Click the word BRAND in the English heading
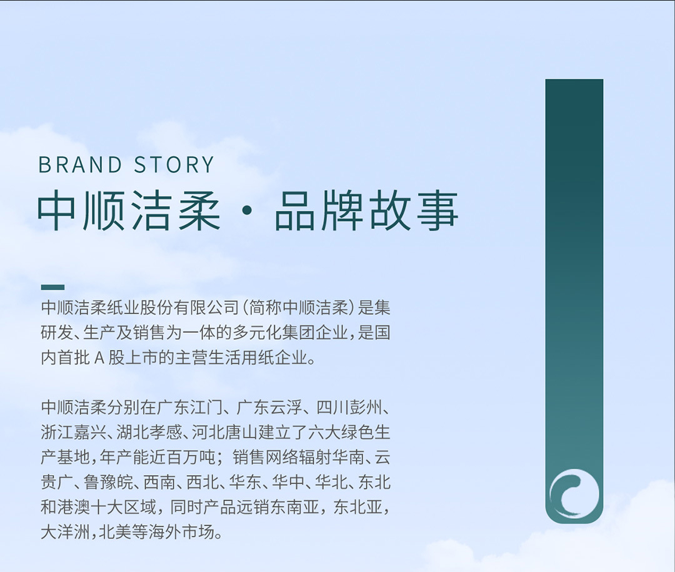81,165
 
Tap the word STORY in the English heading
174,165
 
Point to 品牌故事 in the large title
366,211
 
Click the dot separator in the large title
247,211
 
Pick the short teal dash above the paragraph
52,287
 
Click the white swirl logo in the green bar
574,494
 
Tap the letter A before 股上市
99,358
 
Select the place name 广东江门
189,407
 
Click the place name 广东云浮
269,407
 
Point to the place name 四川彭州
349,407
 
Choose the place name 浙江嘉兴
73,432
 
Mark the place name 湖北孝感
149,432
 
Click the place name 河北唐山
225,432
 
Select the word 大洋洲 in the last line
65,533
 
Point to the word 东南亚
295,508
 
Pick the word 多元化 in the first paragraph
257,333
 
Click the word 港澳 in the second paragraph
74,508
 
